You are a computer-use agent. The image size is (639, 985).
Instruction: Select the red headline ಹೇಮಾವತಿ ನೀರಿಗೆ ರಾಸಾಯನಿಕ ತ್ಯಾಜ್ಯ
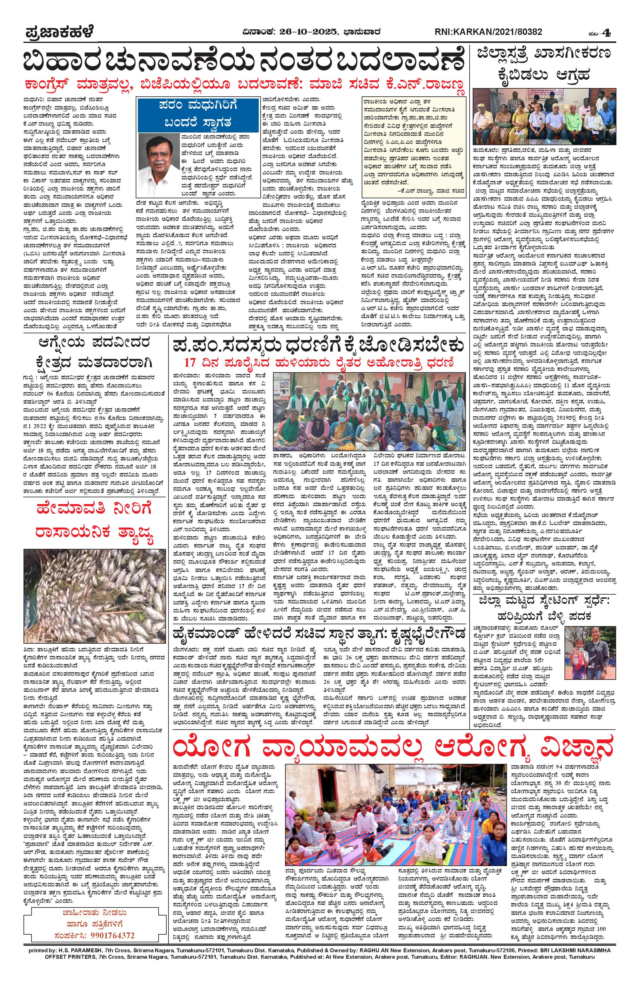point(89,523)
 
